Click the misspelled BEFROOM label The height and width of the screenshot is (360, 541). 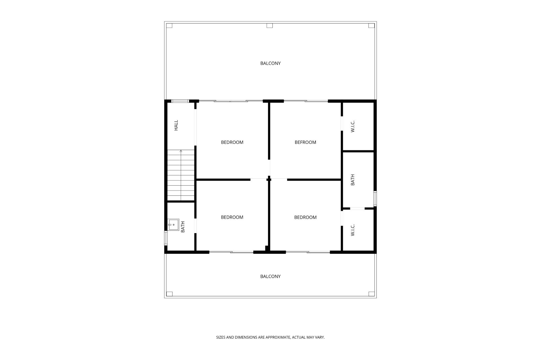coord(305,142)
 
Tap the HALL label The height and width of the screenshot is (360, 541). coord(176,125)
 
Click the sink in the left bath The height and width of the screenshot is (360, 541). coord(174,225)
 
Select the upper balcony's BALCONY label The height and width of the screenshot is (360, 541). coord(270,63)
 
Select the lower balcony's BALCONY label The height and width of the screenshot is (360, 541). coord(270,276)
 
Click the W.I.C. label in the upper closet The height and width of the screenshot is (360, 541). coord(352,126)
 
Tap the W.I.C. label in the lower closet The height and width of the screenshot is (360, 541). coord(352,230)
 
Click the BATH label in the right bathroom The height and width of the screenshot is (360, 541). coord(352,180)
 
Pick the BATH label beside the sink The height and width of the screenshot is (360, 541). coord(183,227)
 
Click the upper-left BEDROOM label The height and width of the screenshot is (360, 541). coord(232,142)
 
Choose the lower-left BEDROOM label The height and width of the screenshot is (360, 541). coord(232,217)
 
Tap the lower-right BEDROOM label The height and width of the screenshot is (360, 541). coord(305,217)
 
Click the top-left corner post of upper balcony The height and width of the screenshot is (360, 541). coord(169,26)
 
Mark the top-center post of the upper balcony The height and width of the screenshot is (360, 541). coord(270,26)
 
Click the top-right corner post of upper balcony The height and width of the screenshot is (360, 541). coord(371,26)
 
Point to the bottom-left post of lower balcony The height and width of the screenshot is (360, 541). coord(169,294)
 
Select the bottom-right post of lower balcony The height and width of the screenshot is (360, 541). coord(371,294)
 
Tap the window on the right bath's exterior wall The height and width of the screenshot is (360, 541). coord(375,198)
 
